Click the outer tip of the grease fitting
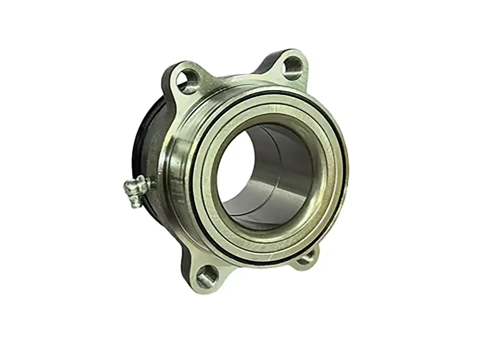[x=128, y=188]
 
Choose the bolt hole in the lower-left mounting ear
[x=206, y=277]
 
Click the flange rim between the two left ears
[x=171, y=178]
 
